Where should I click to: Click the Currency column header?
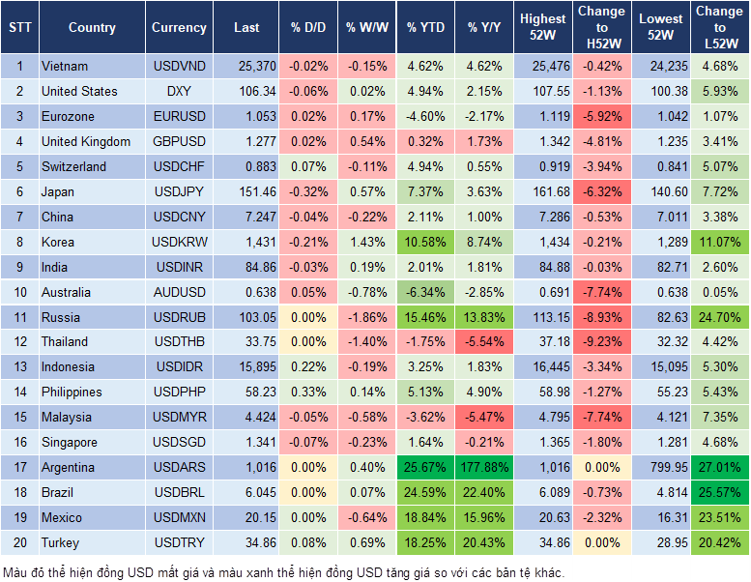pyautogui.click(x=179, y=28)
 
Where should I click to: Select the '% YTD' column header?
pyautogui.click(x=425, y=28)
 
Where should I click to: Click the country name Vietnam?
pyautogui.click(x=65, y=67)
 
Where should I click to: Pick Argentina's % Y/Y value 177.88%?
pyautogui.click(x=486, y=467)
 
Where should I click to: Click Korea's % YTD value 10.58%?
pyautogui.click(x=425, y=242)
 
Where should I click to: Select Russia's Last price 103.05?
pyautogui.click(x=246, y=317)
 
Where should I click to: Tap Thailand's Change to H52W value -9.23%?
pyautogui.click(x=601, y=341)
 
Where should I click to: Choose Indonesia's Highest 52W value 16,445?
pyautogui.click(x=542, y=366)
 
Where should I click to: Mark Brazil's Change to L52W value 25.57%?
pyautogui.click(x=720, y=492)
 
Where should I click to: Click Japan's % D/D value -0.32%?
pyautogui.click(x=307, y=191)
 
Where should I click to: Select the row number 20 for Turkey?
pyautogui.click(x=19, y=542)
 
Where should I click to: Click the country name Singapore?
pyautogui.click(x=70, y=442)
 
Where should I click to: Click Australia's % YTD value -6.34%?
pyautogui.click(x=425, y=292)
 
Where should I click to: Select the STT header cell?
pyautogui.click(x=19, y=28)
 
